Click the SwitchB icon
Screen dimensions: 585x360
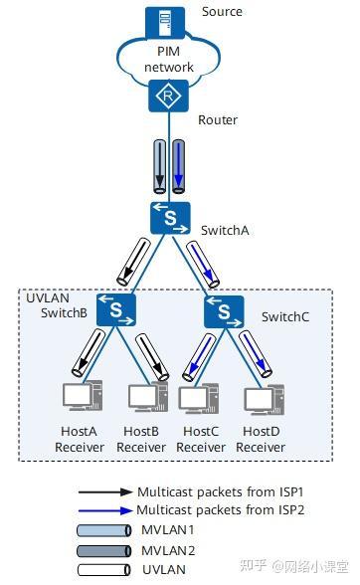coord(116,308)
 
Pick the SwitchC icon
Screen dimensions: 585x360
coord(224,312)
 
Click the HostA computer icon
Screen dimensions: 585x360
coord(78,397)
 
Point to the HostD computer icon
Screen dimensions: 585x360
coord(260,398)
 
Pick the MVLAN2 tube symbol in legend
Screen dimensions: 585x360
coord(104,548)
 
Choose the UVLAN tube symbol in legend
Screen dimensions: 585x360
coord(104,568)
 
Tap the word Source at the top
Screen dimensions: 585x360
coord(221,12)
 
